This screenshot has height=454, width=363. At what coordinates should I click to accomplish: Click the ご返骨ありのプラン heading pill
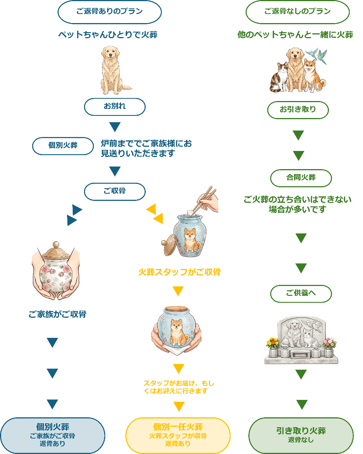coord(109,12)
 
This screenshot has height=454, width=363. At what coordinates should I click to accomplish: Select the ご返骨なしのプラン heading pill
coord(298,12)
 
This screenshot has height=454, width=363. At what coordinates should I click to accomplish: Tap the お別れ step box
coord(115,107)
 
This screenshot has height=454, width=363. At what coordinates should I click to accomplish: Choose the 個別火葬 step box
coord(63,146)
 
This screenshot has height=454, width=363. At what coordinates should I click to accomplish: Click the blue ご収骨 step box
coord(115,191)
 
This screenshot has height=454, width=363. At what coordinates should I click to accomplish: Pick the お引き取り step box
coord(298,110)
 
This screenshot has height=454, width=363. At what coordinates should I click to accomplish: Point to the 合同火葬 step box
coord(301,178)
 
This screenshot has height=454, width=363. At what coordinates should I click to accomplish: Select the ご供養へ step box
coord(301,294)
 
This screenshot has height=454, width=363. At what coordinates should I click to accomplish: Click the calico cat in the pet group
coord(279,78)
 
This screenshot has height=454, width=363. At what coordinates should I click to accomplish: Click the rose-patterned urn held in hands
coord(56,269)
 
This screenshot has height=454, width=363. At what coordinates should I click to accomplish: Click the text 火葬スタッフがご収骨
coord(179,272)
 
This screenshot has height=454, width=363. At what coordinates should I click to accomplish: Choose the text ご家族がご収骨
coord(57,314)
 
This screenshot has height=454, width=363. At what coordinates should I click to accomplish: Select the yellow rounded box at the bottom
coord(178,435)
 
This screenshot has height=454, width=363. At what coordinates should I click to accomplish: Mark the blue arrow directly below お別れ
coord(115,127)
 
